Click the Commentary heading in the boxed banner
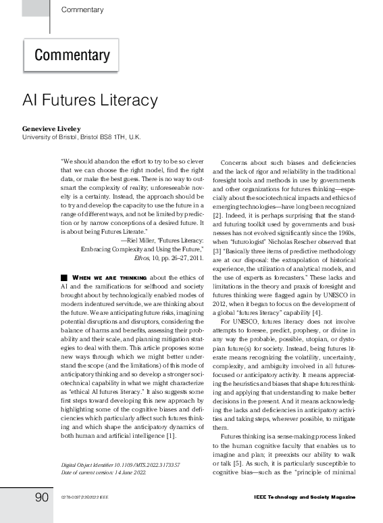pos(72,55)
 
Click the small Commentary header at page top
pos(82,10)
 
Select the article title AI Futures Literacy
pos(90,100)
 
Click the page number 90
pos(41,497)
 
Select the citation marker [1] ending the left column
pos(171,436)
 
